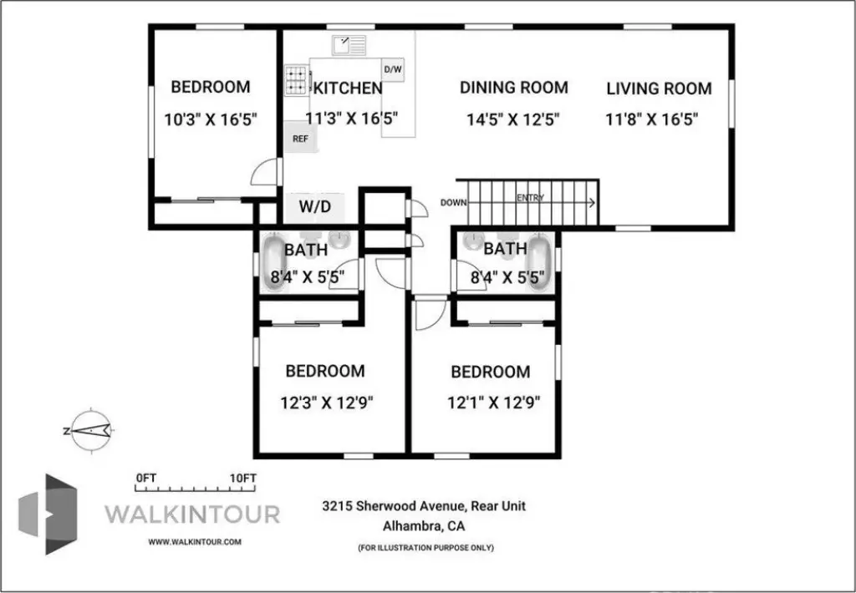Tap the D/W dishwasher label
click(x=393, y=69)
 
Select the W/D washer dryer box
click(x=316, y=208)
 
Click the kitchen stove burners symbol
click(x=297, y=80)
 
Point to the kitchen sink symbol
click(x=349, y=45)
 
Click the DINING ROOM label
click(x=514, y=88)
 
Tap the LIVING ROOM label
click(x=659, y=89)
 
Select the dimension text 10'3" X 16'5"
click(x=211, y=119)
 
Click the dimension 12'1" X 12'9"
click(x=494, y=403)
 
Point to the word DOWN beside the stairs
click(x=454, y=202)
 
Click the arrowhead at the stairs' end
click(x=593, y=202)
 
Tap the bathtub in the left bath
click(x=275, y=262)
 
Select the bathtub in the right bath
click(x=539, y=262)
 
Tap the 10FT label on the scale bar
click(x=243, y=478)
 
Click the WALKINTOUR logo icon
click(x=48, y=514)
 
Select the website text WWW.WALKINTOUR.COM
click(x=195, y=542)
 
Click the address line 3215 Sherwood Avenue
click(x=424, y=505)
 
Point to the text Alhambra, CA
click(x=424, y=526)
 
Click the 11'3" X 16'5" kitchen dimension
click(x=352, y=119)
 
